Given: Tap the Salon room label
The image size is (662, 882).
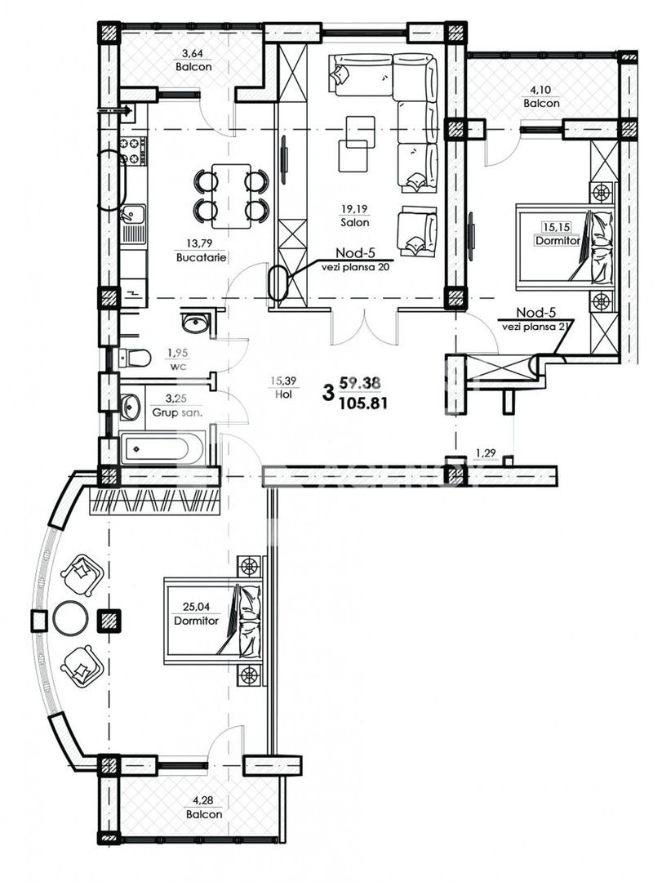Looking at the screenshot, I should tap(356, 221).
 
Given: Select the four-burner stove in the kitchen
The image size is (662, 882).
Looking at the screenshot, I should tap(134, 150).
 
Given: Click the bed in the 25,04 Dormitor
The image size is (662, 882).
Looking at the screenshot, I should tap(214, 618).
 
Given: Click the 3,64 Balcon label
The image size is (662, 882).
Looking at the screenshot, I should tap(193, 61).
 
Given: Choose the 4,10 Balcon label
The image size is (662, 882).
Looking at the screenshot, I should tap(541, 98).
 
